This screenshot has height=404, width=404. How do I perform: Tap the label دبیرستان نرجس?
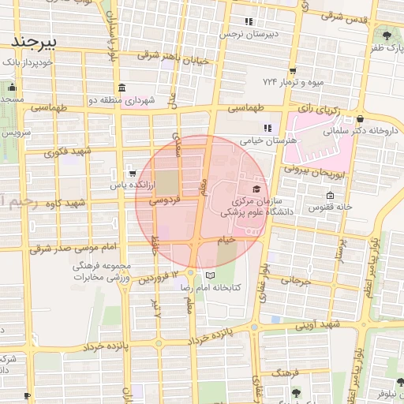249,36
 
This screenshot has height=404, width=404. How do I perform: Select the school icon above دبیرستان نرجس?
249,21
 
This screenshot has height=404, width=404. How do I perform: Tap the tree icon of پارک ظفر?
387,35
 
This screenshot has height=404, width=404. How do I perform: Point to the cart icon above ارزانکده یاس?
131,172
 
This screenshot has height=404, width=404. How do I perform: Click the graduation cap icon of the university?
256,189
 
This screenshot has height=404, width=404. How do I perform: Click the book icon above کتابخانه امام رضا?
210,275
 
